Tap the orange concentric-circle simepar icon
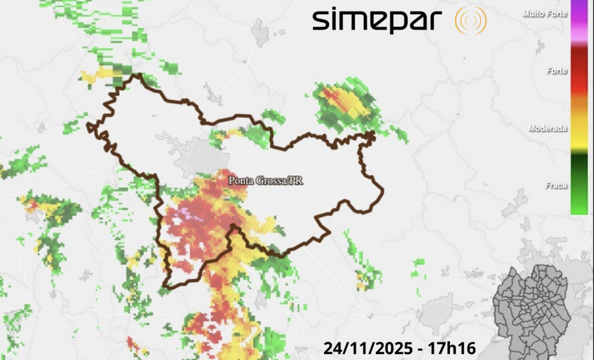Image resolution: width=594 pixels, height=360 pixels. (x=471, y=21)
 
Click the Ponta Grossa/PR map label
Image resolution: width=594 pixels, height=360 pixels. (x=265, y=181)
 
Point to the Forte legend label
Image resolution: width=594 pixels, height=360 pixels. (x=556, y=71)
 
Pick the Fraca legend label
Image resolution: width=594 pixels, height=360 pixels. (x=556, y=186)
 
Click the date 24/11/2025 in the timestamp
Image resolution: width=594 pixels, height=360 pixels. (x=368, y=348)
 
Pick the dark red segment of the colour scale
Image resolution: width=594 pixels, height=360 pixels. (x=578, y=65)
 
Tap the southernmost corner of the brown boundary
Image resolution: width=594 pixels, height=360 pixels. (x=165, y=286)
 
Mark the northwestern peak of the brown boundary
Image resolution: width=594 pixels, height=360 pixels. (x=138, y=76)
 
